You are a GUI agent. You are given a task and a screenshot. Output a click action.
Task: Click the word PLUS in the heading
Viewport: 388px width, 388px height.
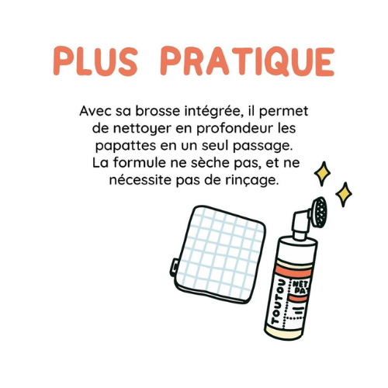tap(95, 61)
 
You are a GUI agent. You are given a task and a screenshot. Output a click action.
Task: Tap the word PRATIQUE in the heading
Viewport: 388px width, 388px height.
tap(248, 62)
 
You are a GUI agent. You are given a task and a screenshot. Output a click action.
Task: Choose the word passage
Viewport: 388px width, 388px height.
tap(263, 147)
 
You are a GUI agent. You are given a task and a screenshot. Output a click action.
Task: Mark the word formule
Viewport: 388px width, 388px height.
tap(139, 163)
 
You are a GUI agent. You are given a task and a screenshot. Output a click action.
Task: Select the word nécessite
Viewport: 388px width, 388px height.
tap(140, 180)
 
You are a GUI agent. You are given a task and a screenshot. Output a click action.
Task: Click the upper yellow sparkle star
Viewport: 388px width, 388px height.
tap(322, 174)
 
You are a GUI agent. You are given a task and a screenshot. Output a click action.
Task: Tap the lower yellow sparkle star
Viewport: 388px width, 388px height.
tap(344, 194)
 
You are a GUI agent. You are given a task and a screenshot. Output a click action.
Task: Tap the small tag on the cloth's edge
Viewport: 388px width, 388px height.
tap(174, 266)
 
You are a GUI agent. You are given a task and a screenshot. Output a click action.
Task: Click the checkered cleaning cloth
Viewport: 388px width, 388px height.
tap(218, 254)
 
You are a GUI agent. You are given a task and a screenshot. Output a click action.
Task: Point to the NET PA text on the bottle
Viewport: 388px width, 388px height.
tap(300, 287)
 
